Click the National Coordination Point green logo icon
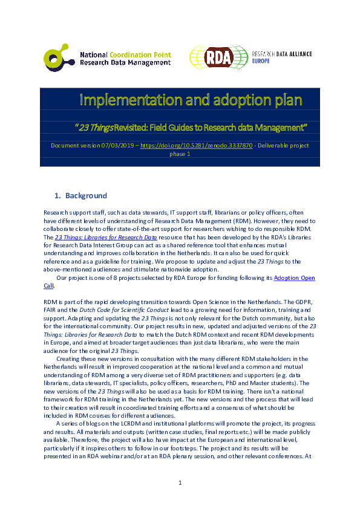click(x=58, y=57)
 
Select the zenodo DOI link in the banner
click(x=197, y=146)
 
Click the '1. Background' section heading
click(x=81, y=196)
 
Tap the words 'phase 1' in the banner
click(x=180, y=154)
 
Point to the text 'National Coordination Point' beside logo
click(x=126, y=54)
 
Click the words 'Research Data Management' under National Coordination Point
click(x=126, y=62)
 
